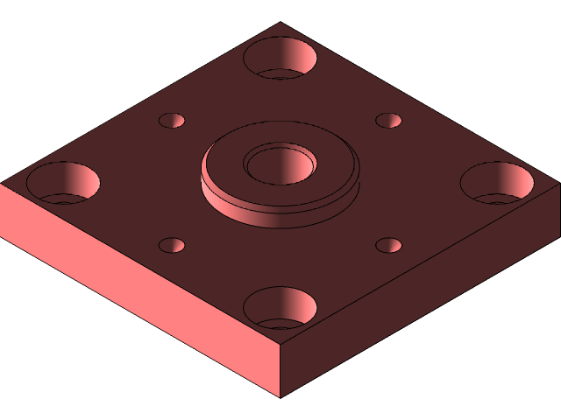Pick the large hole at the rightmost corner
(x=497, y=182)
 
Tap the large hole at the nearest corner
(x=280, y=307)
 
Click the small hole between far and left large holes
(x=172, y=121)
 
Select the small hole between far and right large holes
(x=388, y=121)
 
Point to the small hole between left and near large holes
(x=172, y=246)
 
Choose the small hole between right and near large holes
(x=388, y=246)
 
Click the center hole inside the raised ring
(x=280, y=164)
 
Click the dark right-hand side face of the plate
(x=421, y=306)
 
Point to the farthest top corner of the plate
(x=280, y=23)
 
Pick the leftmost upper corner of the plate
(x=2, y=184)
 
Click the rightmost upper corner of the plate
(x=558, y=184)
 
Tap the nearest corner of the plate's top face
(x=280, y=345)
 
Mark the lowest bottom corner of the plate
(x=280, y=396)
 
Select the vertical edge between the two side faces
(x=280, y=371)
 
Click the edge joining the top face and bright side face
(x=140, y=264)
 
